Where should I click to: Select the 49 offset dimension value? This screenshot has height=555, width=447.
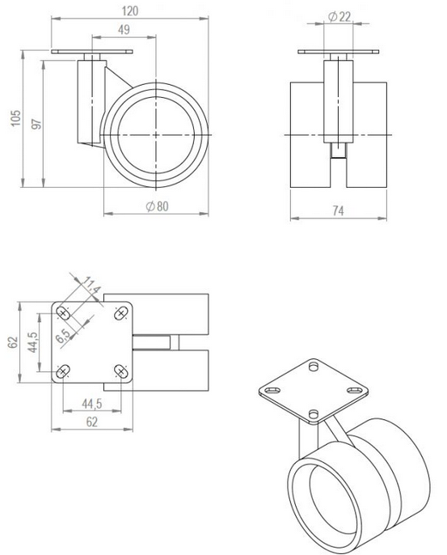124,30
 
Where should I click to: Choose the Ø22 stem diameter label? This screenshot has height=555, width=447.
339,17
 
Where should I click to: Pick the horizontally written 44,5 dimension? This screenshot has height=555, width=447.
91,403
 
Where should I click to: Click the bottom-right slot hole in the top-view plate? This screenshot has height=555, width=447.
121,371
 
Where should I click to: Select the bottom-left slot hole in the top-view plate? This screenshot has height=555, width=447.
62,371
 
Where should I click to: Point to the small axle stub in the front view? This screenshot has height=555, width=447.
339,150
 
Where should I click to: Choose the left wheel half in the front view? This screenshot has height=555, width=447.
307,133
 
